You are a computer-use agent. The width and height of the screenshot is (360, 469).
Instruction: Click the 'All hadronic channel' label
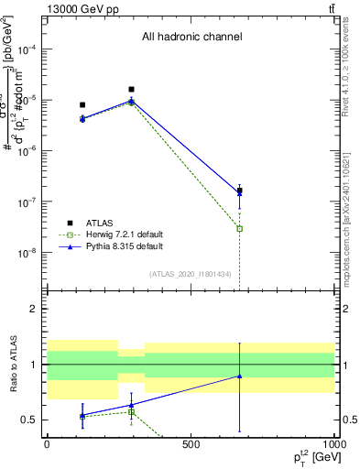[x=191, y=38]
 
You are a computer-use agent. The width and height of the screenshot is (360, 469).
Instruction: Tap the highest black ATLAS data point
[x=132, y=90]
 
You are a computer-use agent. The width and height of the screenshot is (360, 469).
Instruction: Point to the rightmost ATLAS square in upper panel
[x=240, y=191]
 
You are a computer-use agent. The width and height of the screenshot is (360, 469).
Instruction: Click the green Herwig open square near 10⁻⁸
[x=240, y=228]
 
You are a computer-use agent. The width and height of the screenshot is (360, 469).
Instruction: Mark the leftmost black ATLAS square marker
[x=82, y=105]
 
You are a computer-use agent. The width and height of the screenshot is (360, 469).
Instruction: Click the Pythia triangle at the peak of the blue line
[x=132, y=101]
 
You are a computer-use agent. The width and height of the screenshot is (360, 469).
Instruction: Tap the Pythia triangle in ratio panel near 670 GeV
[x=240, y=376]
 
